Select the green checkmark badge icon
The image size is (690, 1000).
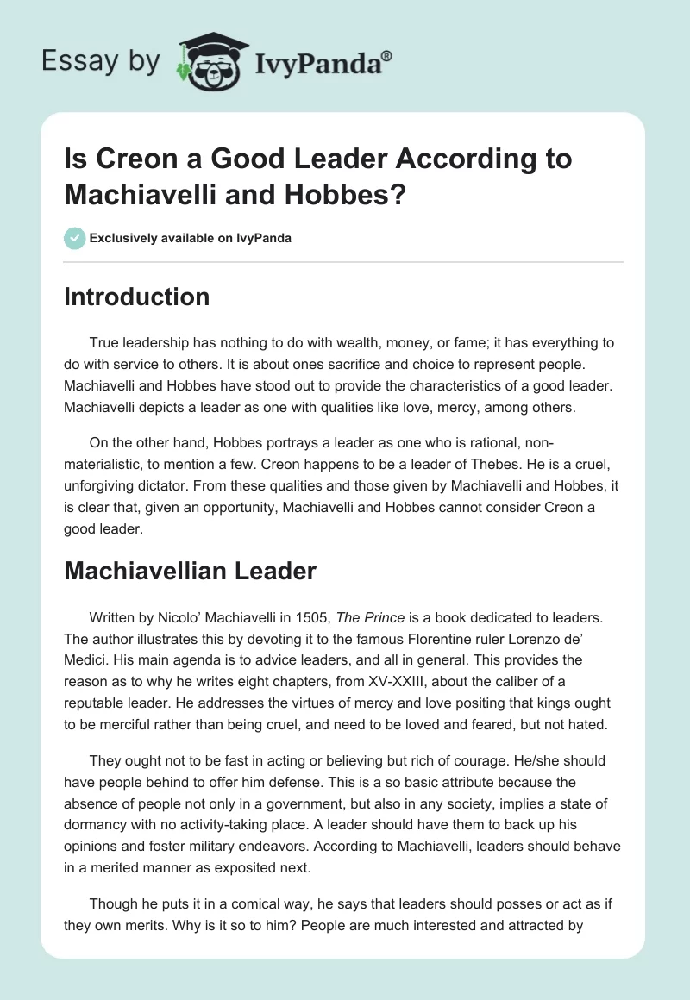pos(75,238)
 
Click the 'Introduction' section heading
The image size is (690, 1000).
pos(136,297)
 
